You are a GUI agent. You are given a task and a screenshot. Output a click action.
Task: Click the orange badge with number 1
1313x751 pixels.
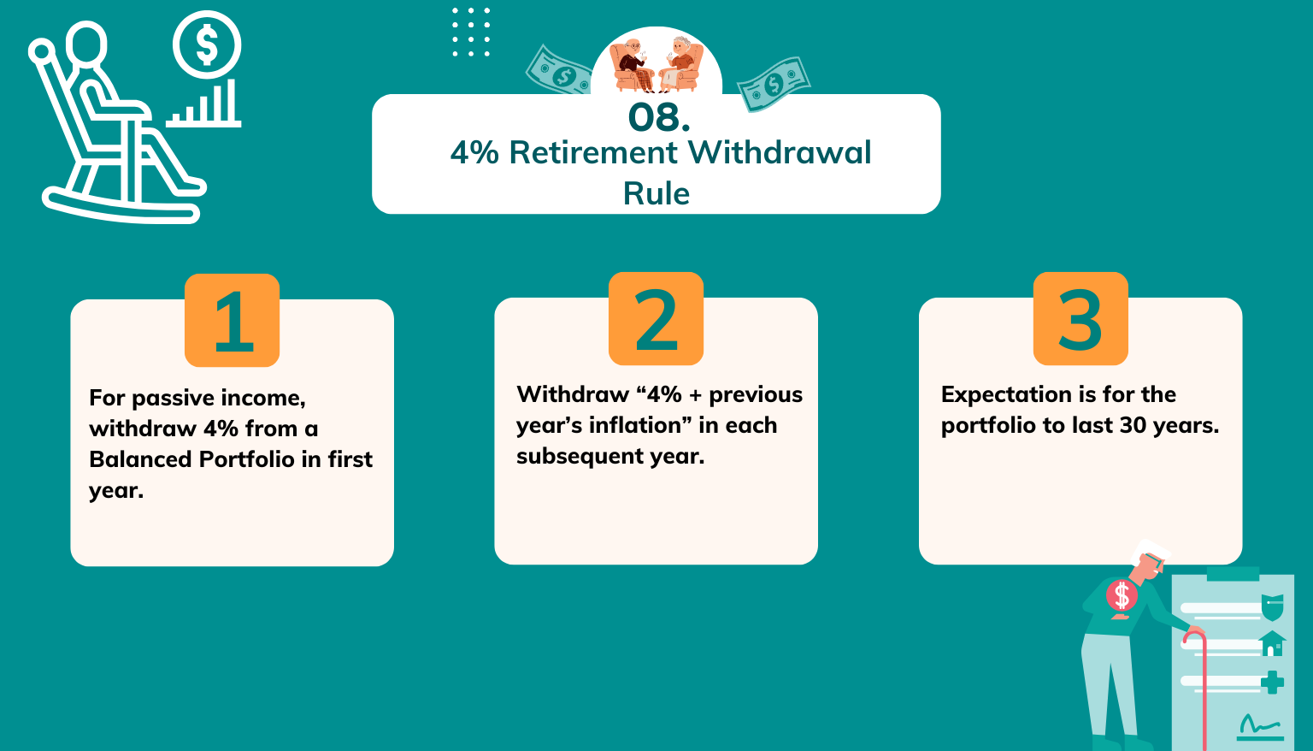(x=232, y=320)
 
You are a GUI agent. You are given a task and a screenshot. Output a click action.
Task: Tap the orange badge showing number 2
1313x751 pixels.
(x=656, y=318)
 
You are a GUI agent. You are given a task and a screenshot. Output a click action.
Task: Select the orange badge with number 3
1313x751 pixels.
(x=1080, y=318)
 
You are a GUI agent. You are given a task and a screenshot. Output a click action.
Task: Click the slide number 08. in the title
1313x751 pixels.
(x=658, y=118)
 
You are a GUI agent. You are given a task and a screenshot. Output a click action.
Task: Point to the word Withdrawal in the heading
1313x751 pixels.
(x=779, y=152)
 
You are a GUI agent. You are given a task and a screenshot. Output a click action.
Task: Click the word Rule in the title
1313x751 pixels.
(x=656, y=193)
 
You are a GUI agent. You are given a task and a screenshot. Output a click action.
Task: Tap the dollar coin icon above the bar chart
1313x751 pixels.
(x=207, y=45)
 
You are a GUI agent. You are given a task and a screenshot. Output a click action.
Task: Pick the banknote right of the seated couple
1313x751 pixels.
(x=773, y=84)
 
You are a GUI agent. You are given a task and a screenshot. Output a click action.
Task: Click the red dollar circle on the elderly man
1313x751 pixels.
(x=1122, y=595)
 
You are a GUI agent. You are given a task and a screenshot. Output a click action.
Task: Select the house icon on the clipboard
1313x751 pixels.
(x=1272, y=643)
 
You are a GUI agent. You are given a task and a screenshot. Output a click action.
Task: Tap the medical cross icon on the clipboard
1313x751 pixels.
(x=1272, y=682)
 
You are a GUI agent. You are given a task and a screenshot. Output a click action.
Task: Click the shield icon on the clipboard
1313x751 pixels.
(x=1272, y=606)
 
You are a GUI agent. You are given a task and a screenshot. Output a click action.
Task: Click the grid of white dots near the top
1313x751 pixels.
(x=471, y=33)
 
